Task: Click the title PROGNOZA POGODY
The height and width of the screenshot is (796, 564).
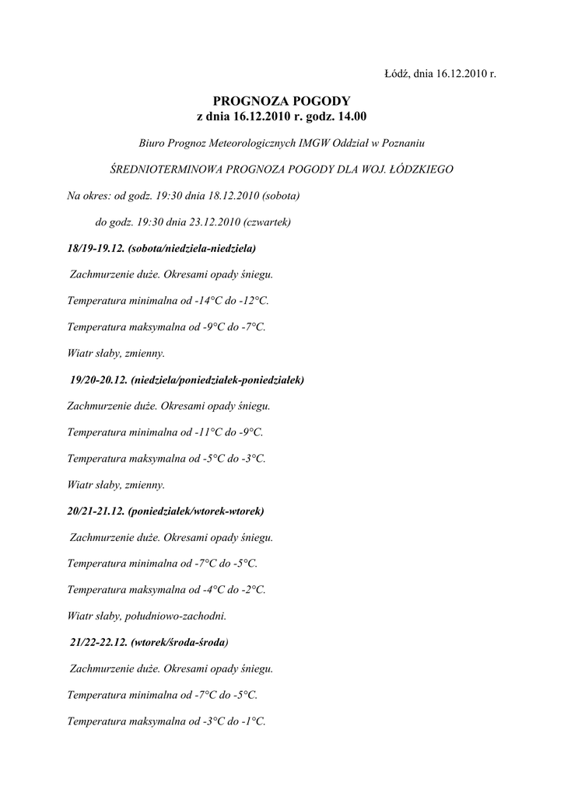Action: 282,101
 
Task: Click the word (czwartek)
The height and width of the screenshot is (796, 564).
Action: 267,222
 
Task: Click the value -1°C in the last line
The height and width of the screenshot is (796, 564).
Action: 253,721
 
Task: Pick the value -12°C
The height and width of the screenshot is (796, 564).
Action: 254,301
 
